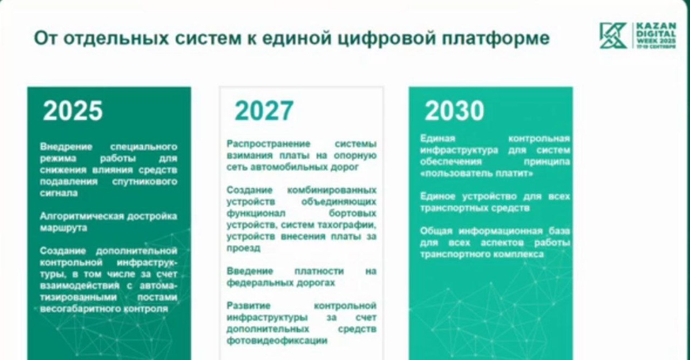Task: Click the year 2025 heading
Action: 72,110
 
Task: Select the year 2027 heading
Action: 264,110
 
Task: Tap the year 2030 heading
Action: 454,110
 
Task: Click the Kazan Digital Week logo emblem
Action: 614,36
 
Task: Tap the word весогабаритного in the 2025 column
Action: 76,309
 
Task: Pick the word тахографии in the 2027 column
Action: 350,224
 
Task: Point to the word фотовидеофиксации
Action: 277,340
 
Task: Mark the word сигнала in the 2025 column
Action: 59,193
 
